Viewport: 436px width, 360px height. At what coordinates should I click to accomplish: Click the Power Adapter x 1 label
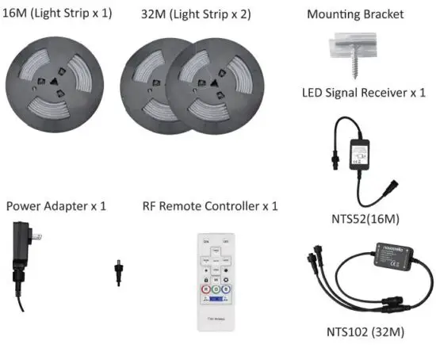(x=56, y=206)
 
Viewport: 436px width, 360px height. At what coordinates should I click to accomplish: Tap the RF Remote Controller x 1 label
(x=210, y=206)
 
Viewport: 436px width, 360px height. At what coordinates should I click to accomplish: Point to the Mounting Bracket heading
(x=355, y=14)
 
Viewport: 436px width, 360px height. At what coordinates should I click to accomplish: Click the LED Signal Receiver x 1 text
(x=364, y=92)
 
